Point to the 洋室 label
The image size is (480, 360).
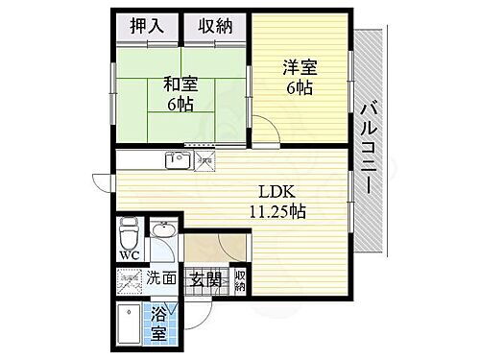click(300, 68)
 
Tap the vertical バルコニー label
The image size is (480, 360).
click(368, 149)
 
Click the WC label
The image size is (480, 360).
click(130, 256)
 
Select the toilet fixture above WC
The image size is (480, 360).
click(130, 233)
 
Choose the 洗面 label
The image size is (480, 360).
click(161, 279)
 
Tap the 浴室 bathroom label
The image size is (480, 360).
click(160, 324)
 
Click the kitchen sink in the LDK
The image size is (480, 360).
click(178, 159)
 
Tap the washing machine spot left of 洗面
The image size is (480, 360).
click(130, 282)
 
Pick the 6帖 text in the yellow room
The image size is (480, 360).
click(300, 89)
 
